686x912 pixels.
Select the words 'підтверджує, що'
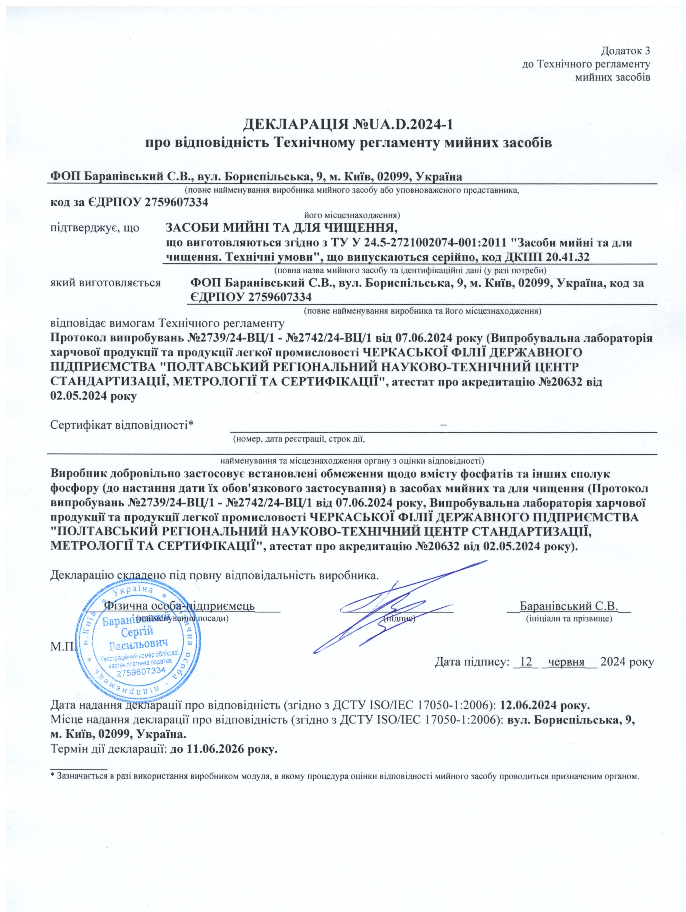click(95, 228)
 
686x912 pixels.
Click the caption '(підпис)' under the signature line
click(399, 619)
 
